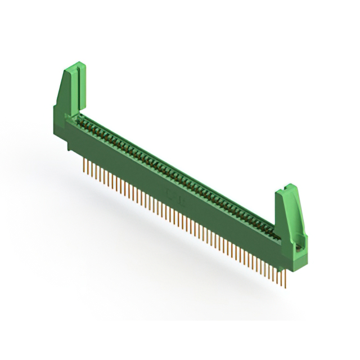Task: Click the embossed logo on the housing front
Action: click(172, 195)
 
